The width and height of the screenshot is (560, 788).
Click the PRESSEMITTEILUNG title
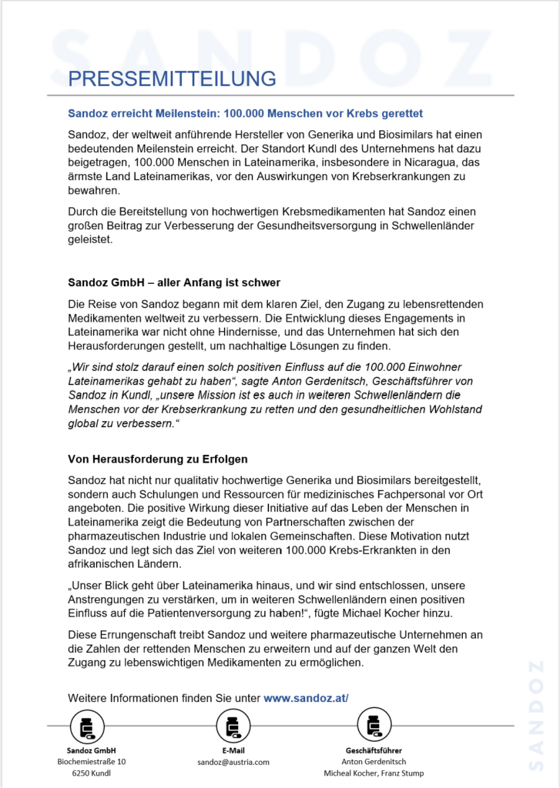point(172,78)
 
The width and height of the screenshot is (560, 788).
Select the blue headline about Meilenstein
point(245,113)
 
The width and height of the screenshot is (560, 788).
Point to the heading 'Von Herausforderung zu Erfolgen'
point(157,459)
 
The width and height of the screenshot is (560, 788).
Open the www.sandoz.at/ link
point(306,698)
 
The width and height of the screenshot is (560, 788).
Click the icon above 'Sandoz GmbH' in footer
point(86,726)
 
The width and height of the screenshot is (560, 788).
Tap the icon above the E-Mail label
point(232,726)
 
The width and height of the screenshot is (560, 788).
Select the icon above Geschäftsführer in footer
point(373,726)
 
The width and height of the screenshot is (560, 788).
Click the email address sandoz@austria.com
point(233,762)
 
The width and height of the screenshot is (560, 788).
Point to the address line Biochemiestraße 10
point(92,762)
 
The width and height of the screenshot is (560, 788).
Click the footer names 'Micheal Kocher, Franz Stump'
point(373,773)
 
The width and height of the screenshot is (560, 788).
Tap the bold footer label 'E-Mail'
point(233,750)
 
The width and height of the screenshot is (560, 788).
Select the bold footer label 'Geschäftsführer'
point(373,750)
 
